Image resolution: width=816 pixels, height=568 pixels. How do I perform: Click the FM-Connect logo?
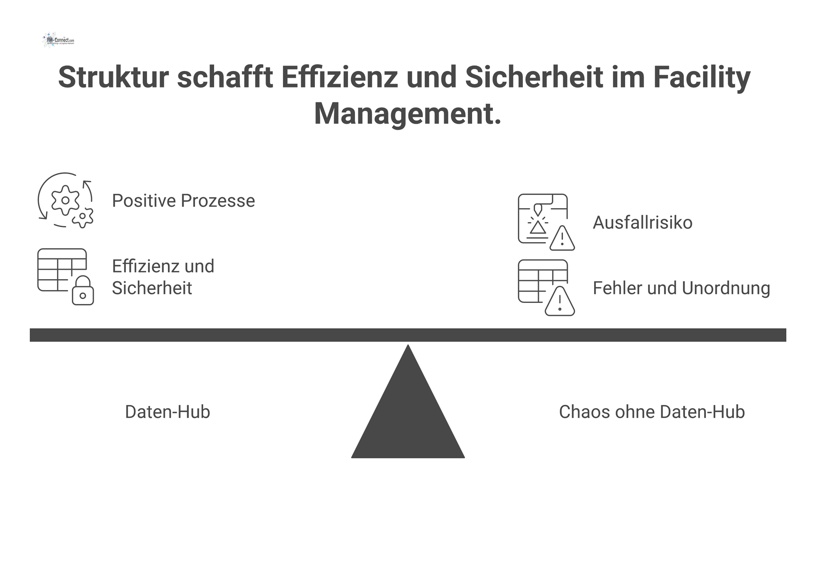pyautogui.click(x=59, y=40)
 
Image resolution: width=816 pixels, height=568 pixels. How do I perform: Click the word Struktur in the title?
pyautogui.click(x=113, y=77)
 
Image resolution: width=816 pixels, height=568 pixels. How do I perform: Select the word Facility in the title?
pyautogui.click(x=702, y=77)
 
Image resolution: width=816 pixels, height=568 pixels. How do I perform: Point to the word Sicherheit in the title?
pyautogui.click(x=534, y=77)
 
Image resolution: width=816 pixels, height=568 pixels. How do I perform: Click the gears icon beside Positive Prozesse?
pyautogui.click(x=65, y=200)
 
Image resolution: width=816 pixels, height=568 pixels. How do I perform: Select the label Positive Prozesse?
pyautogui.click(x=183, y=201)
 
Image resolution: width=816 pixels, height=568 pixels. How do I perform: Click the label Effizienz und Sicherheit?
pyautogui.click(x=163, y=277)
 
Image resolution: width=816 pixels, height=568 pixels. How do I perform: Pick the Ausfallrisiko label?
pyautogui.click(x=642, y=223)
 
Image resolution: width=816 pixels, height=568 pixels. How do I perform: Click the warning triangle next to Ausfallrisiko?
pyautogui.click(x=562, y=239)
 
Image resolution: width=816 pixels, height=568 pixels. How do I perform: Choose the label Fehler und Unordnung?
pyautogui.click(x=681, y=288)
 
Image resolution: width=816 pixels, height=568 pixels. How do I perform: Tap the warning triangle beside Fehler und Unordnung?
pyautogui.click(x=560, y=302)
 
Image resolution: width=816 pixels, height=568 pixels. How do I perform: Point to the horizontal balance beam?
pyautogui.click(x=408, y=335)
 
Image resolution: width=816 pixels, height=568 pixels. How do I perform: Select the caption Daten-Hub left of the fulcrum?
pyautogui.click(x=167, y=412)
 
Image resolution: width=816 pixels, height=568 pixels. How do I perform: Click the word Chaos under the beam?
pyautogui.click(x=577, y=412)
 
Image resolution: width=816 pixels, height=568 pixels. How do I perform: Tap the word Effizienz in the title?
pyautogui.click(x=339, y=77)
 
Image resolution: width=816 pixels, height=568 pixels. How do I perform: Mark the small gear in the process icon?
pyautogui.click(x=83, y=218)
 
